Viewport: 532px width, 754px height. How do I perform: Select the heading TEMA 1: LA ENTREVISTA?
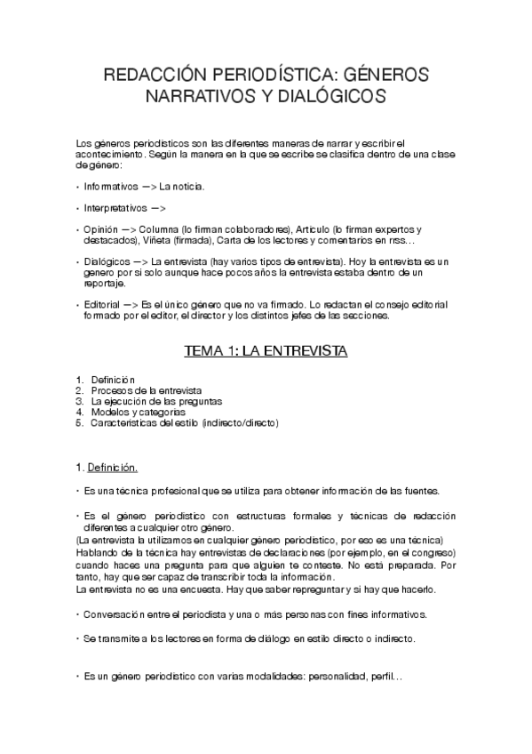266,351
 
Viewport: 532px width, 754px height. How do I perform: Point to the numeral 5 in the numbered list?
79,423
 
